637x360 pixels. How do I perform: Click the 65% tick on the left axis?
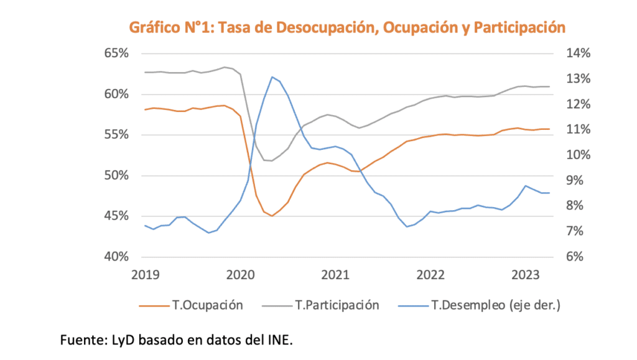pos(116,53)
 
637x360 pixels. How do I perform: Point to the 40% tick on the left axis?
pos(116,257)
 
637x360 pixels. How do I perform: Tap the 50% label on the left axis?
pos(116,175)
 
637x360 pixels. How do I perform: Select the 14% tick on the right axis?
pos(579,53)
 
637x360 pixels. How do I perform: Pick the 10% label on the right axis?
pos(579,155)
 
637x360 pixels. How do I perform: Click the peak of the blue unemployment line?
pos(272,77)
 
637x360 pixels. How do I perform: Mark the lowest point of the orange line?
pos(272,216)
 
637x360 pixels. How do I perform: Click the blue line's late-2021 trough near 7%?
pos(407,226)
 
